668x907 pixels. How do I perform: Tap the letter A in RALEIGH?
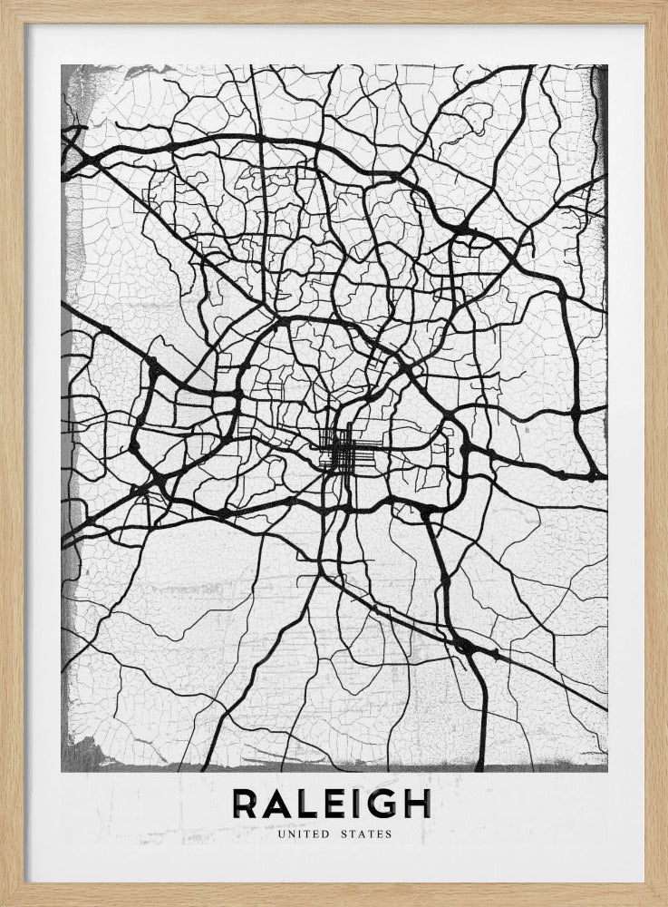click(280, 803)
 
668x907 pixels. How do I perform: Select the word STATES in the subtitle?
click(367, 834)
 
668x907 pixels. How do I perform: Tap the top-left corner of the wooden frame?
click(3, 3)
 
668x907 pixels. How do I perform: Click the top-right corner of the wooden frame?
click(664, 3)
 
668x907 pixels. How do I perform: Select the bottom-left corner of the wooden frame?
click(3, 903)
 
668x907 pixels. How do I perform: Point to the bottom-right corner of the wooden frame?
click(664, 903)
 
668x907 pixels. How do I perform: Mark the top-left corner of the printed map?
click(62, 65)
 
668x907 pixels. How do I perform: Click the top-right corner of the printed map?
click(607, 65)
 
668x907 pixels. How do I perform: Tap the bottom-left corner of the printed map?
click(62, 771)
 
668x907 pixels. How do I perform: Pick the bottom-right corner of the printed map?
click(607, 771)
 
